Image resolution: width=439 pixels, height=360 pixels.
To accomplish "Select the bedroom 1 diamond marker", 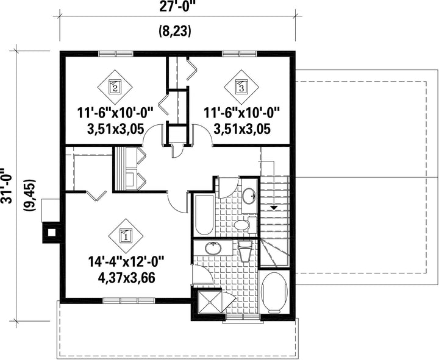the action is [126, 236].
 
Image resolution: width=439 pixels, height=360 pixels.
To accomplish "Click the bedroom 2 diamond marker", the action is [115, 87].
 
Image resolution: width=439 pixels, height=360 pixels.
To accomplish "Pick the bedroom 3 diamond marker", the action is [241, 87].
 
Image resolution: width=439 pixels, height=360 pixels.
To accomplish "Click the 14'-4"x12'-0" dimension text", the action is [126, 262].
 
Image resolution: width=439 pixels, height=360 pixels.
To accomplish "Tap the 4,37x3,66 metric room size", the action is [126, 278].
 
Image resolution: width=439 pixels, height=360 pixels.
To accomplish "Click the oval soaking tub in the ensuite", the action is [274, 292].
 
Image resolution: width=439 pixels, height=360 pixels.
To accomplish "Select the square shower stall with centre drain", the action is [209, 302].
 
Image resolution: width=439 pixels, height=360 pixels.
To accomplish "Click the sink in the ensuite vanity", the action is [213, 249].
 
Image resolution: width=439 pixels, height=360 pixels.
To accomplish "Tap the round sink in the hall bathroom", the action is [249, 196].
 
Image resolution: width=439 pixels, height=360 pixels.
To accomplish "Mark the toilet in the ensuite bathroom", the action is [245, 251].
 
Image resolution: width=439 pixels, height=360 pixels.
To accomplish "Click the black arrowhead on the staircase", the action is [274, 208].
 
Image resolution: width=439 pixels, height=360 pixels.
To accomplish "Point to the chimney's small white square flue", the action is [51, 232].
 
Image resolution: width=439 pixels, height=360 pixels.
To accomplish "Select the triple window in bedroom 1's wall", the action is [129, 300].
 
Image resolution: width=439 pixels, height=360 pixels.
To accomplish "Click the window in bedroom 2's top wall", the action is [116, 54].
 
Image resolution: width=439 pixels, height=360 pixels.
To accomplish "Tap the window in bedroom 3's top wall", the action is [240, 54].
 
